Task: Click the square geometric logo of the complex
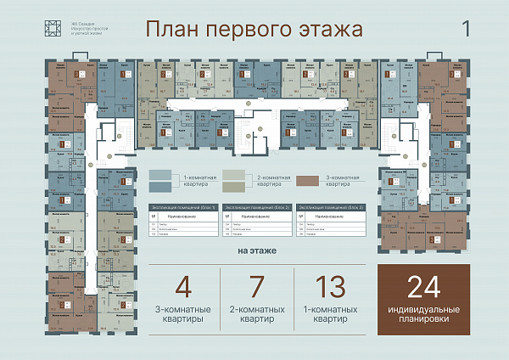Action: pyautogui.click(x=53, y=28)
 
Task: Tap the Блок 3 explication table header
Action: pyautogui.click(x=331, y=206)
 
